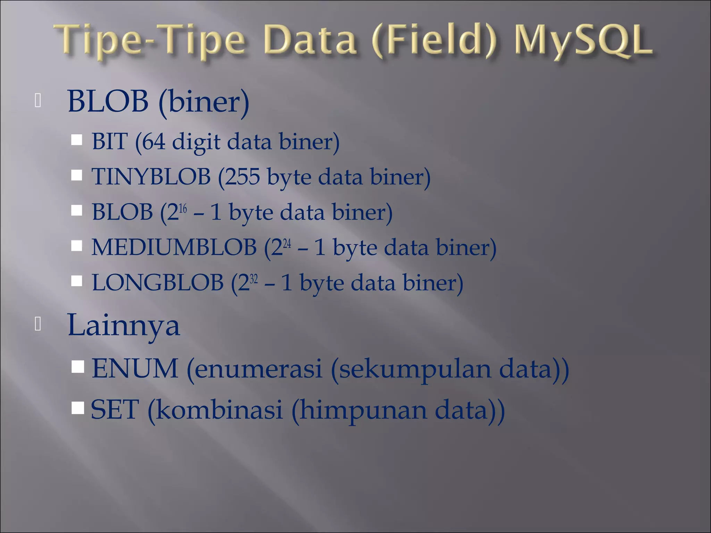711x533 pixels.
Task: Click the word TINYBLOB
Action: (x=151, y=176)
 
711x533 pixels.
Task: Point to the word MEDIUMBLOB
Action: (x=174, y=247)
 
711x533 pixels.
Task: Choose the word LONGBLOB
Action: (x=157, y=282)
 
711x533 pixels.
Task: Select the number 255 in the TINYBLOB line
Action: (x=243, y=176)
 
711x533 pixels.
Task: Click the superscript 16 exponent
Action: (x=183, y=208)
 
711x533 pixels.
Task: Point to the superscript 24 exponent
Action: (x=287, y=244)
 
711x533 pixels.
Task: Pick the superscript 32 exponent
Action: (x=254, y=279)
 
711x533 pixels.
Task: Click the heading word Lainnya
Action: (x=124, y=325)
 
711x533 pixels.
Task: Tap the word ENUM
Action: (x=135, y=369)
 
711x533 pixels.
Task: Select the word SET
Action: (x=115, y=409)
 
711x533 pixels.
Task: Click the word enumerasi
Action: (x=258, y=369)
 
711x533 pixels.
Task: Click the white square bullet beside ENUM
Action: (x=78, y=366)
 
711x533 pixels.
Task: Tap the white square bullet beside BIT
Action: (x=77, y=140)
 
